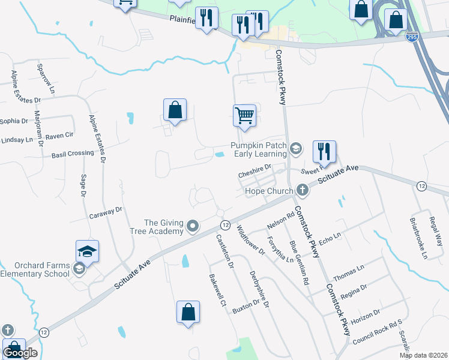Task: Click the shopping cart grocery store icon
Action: [x=244, y=115]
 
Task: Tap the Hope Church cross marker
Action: [x=302, y=191]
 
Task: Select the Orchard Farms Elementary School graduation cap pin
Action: [x=87, y=251]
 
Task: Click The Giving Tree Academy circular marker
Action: [x=193, y=226]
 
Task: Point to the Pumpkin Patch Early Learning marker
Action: [x=295, y=148]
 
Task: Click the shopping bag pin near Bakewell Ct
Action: [x=188, y=311]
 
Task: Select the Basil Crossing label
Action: [x=73, y=154]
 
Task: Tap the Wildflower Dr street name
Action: [x=250, y=240]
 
